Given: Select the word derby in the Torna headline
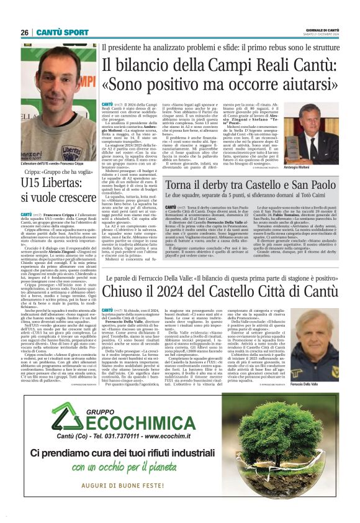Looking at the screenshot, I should point(215,184).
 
